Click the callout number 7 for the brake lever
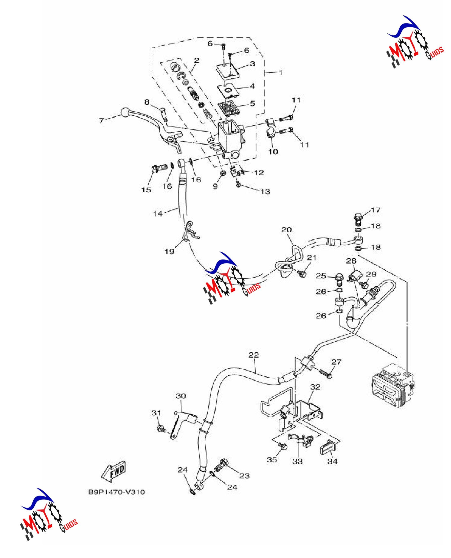(x=101, y=120)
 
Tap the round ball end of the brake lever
(x=125, y=112)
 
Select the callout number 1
(x=281, y=72)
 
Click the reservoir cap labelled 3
(x=228, y=71)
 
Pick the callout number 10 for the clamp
(x=273, y=151)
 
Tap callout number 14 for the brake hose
(x=158, y=214)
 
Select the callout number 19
(x=169, y=251)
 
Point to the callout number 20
(x=286, y=229)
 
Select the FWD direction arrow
(x=114, y=471)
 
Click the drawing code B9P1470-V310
(x=116, y=492)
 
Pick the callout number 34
(x=332, y=461)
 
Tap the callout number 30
(x=181, y=396)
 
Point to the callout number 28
(x=351, y=261)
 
